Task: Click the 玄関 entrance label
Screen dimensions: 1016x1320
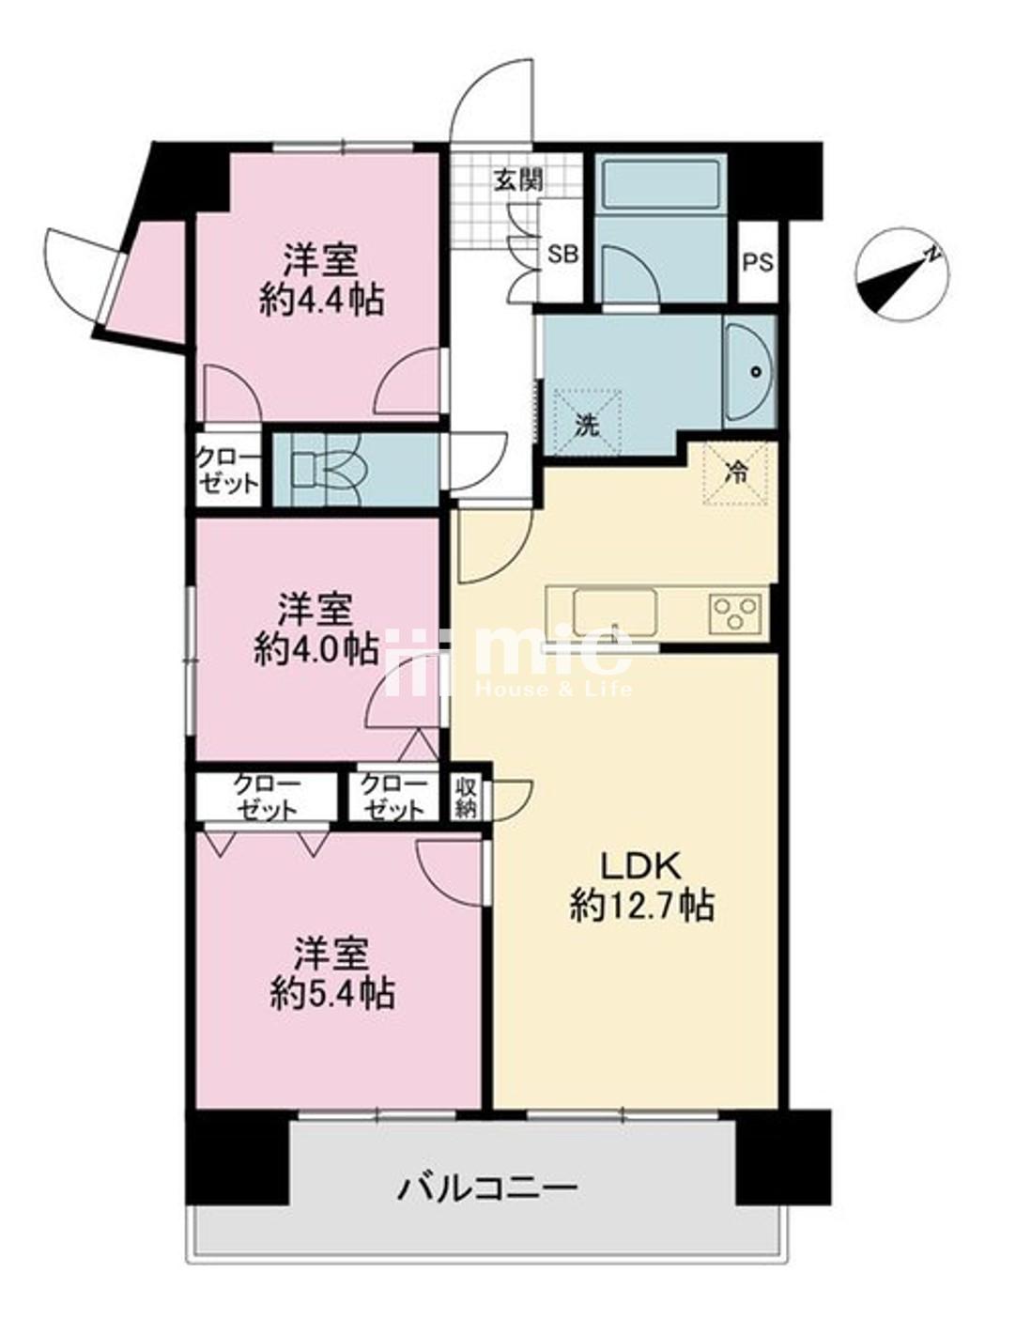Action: (517, 180)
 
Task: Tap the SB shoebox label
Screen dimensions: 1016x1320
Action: (563, 255)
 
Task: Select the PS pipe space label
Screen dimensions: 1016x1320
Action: (759, 262)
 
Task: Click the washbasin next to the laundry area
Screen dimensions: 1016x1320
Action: (750, 371)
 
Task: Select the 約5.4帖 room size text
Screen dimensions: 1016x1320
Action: (332, 994)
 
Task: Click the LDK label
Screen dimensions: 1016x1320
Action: (640, 869)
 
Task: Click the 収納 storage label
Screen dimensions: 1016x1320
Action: (466, 800)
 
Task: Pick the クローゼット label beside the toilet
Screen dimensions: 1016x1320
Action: (227, 470)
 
